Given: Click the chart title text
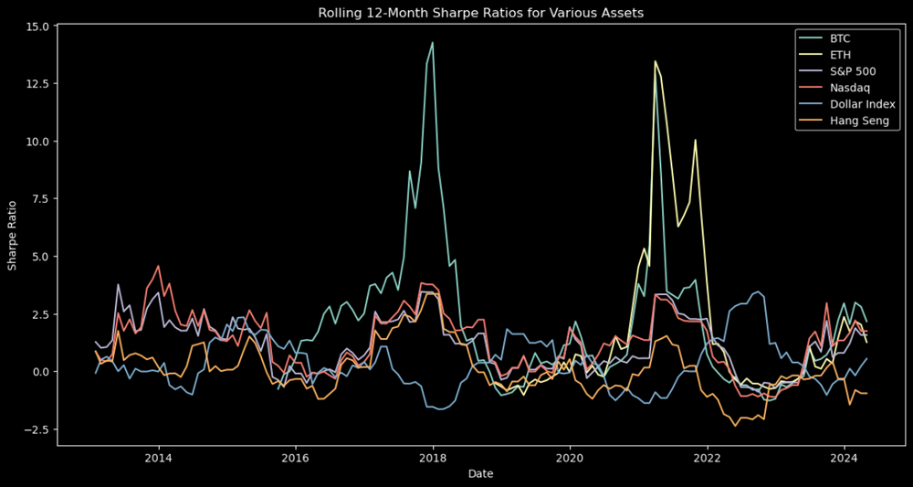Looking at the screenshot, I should click(x=481, y=13).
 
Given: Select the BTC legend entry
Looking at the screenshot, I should click(x=839, y=39).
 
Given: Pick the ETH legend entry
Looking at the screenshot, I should click(x=839, y=56).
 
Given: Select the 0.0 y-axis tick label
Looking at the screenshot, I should click(x=40, y=372).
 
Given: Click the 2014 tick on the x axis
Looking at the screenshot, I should click(x=159, y=457).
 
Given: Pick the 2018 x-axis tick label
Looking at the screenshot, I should click(x=433, y=457).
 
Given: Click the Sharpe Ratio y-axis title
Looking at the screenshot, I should click(x=13, y=236).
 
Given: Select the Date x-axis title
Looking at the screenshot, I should click(x=481, y=474).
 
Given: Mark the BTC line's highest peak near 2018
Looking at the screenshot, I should click(x=433, y=43).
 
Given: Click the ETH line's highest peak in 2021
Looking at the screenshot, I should click(x=655, y=61).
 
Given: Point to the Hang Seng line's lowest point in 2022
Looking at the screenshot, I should click(x=735, y=426).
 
